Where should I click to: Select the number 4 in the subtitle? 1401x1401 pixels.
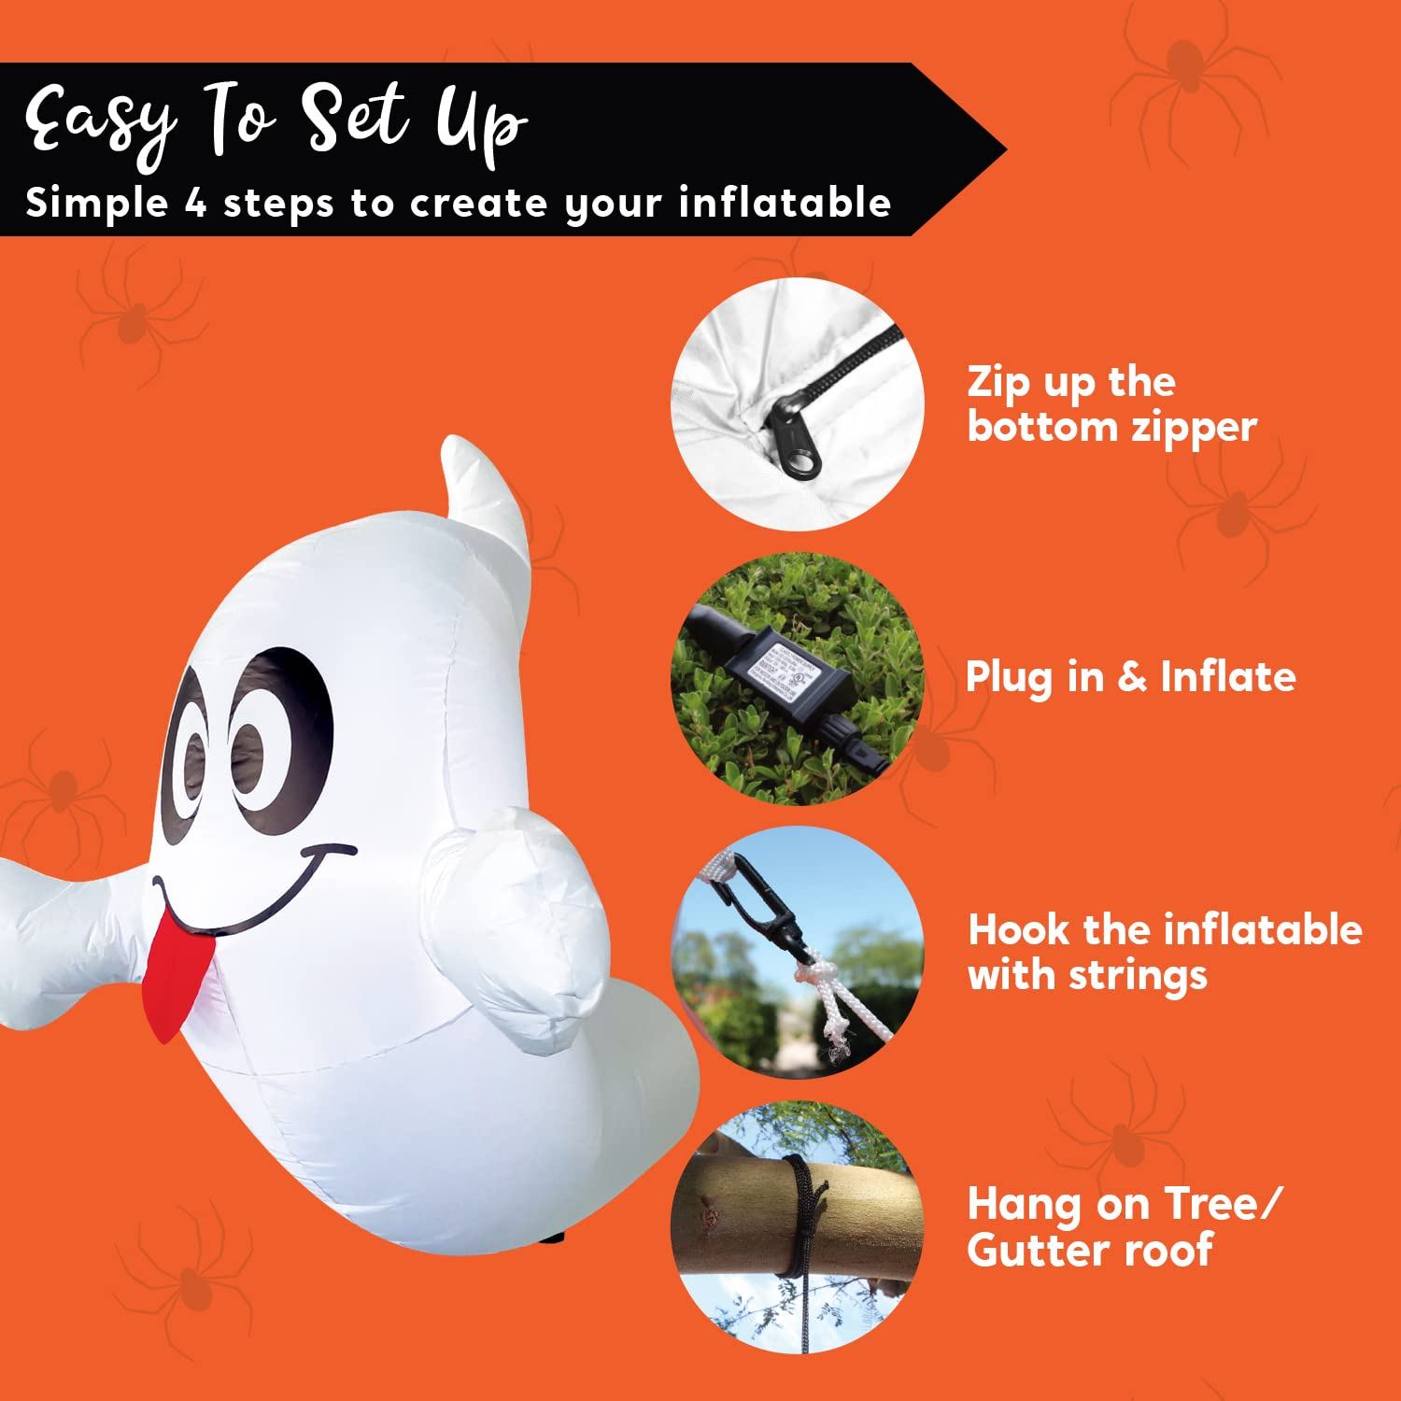(x=195, y=203)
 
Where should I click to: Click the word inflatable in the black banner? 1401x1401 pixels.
(x=785, y=203)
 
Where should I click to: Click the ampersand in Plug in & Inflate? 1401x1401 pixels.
(x=1132, y=676)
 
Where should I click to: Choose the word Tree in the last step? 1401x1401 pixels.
(x=1210, y=1204)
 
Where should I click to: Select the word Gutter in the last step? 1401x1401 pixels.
(x=1036, y=1250)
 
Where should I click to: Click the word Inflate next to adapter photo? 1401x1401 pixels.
(x=1227, y=676)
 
